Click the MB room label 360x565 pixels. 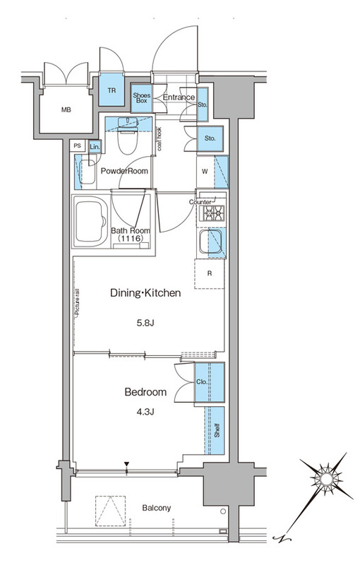(66, 110)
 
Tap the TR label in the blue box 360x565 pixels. (112, 90)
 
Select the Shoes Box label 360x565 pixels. (141, 98)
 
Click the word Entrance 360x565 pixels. (179, 97)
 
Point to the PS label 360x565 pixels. (77, 145)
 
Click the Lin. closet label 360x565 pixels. (95, 147)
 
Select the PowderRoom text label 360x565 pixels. (124, 171)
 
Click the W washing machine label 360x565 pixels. (205, 172)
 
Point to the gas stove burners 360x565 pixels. (214, 213)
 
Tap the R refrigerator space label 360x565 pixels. (210, 273)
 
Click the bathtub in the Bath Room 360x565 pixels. (91, 222)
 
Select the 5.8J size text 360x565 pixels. (146, 323)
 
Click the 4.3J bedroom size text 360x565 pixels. (146, 412)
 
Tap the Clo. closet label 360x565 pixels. (202, 382)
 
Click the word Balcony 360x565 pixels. (157, 508)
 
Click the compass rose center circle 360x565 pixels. (327, 480)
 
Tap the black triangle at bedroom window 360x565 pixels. (126, 464)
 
